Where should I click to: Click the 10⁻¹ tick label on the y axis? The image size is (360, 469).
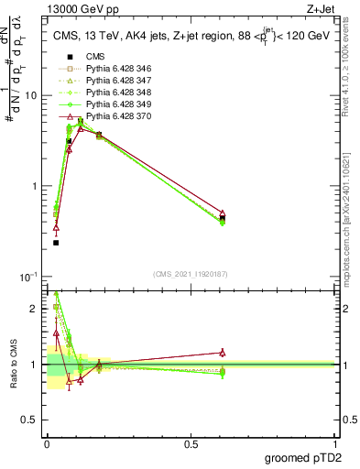pos(30,277)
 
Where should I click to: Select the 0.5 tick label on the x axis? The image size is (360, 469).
pos(191,443)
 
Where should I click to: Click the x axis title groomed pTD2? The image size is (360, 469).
pos(305,457)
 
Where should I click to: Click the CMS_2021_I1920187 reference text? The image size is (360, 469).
pos(191,274)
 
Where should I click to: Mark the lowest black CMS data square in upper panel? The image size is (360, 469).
pos(56,243)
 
